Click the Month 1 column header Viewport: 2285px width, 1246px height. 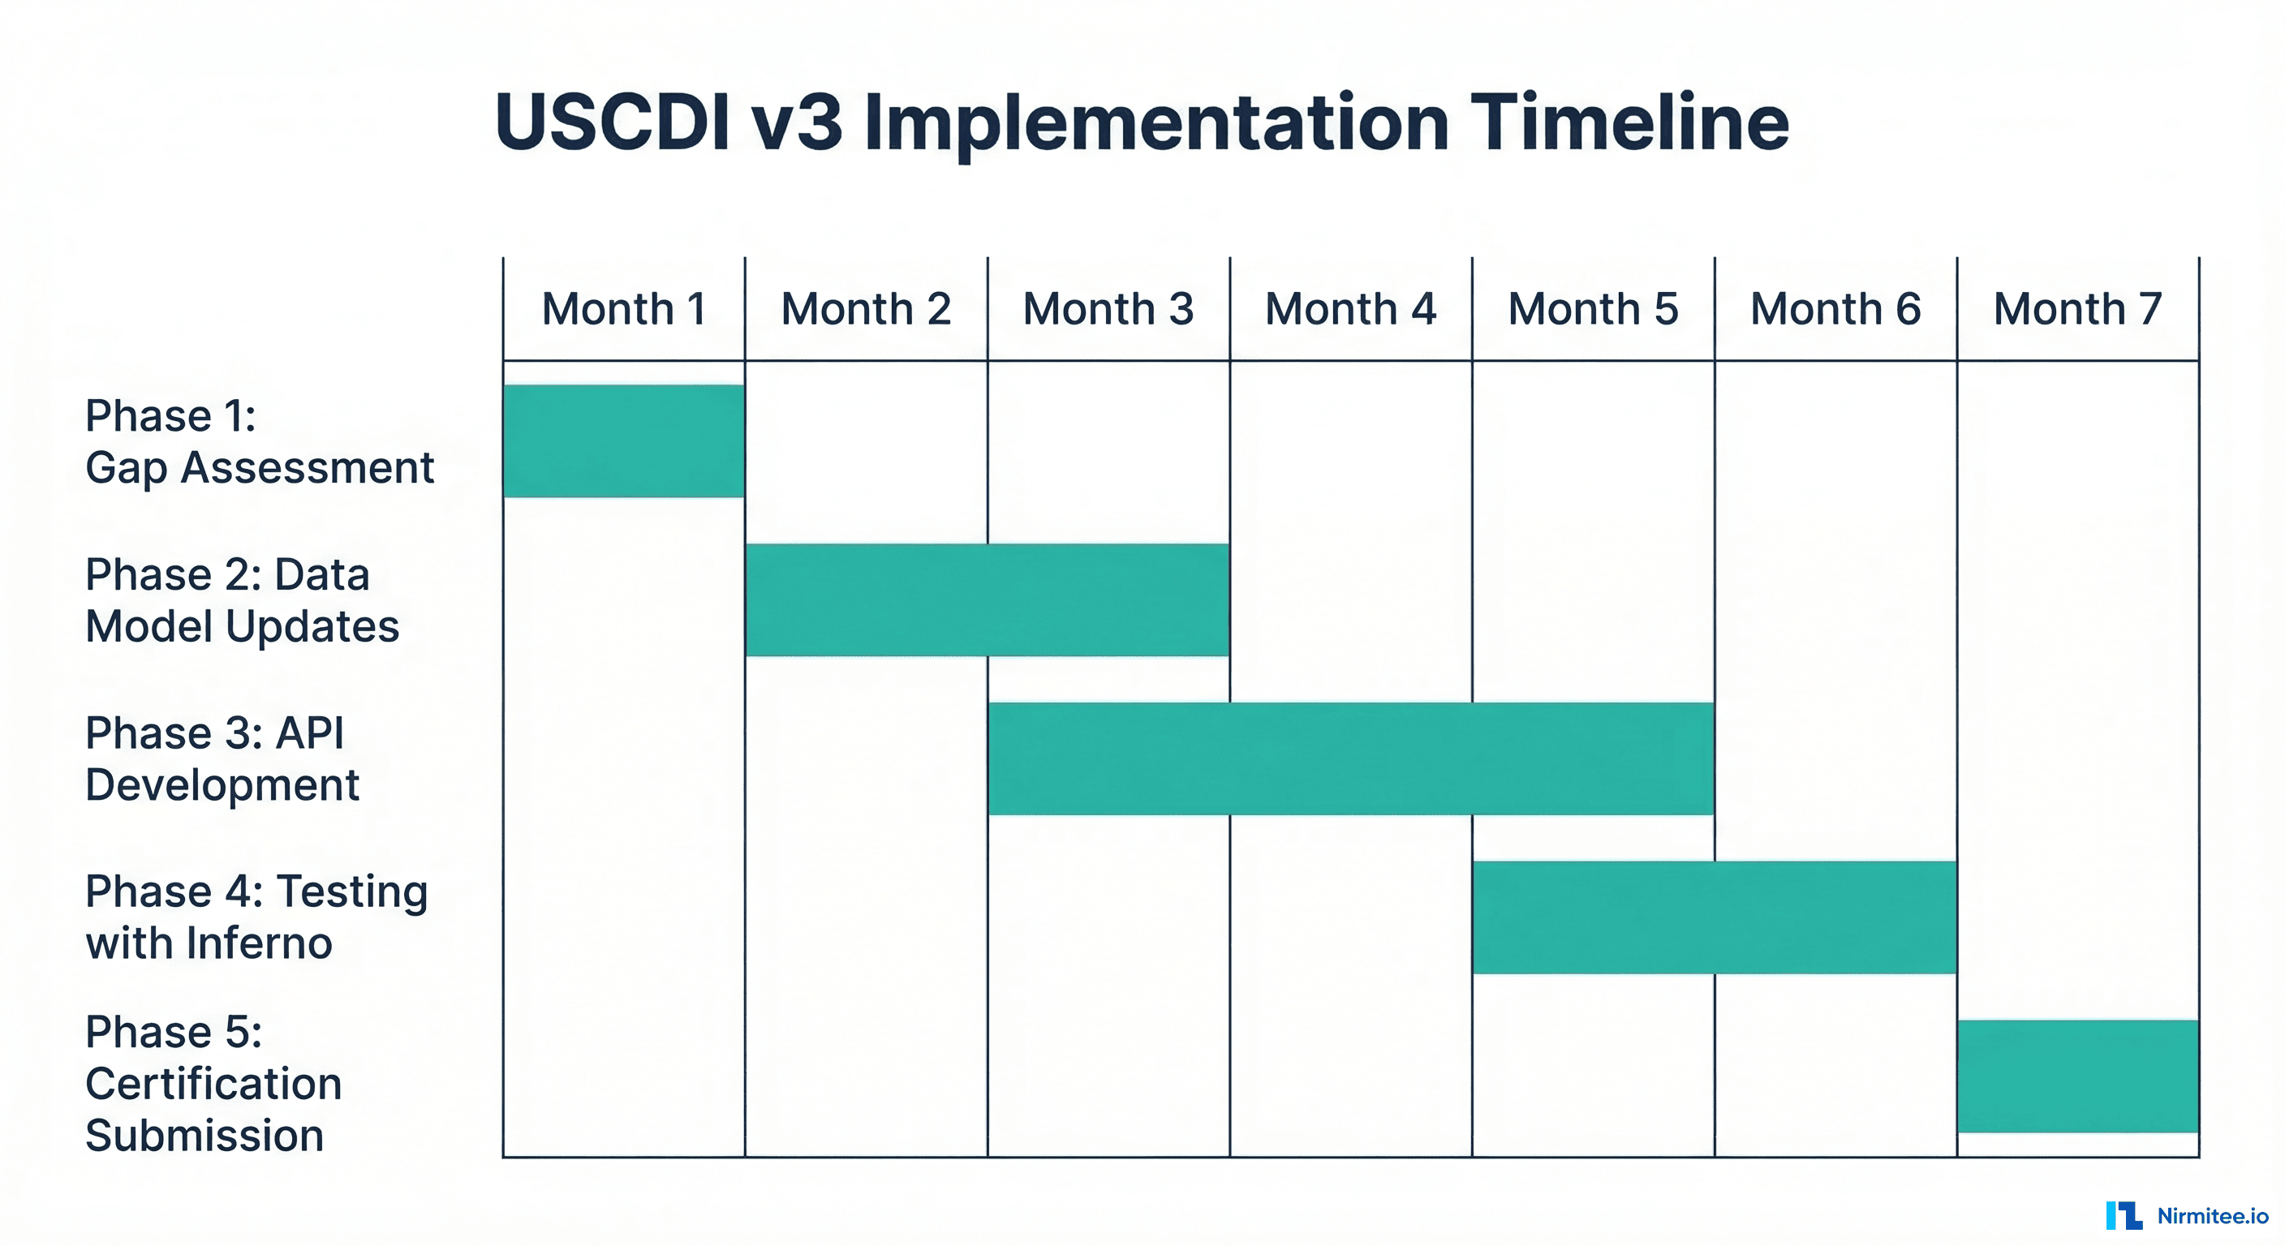coord(623,310)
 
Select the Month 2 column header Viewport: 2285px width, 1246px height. coord(866,310)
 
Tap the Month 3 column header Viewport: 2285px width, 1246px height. coord(1108,310)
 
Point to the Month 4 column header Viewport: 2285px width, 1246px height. coord(1350,310)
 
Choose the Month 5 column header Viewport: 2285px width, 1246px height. coord(1593,310)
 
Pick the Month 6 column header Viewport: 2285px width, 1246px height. coord(1835,310)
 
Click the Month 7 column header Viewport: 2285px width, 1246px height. coord(2077,310)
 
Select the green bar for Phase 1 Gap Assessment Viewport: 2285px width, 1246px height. coord(623,440)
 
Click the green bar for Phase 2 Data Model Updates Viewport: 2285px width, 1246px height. coord(988,599)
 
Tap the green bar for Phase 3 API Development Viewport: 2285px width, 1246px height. coord(1351,758)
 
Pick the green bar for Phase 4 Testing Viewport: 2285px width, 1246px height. coord(1714,917)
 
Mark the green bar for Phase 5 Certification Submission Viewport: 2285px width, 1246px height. coord(2077,1076)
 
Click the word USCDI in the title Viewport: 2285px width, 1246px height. coord(613,122)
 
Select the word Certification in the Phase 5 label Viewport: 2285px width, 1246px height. coord(213,1084)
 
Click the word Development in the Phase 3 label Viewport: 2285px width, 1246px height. coord(222,786)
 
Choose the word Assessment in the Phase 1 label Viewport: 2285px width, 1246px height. coord(307,467)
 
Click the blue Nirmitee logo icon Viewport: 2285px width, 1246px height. coord(2124,1215)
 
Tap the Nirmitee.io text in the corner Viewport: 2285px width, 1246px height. coord(2212,1216)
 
